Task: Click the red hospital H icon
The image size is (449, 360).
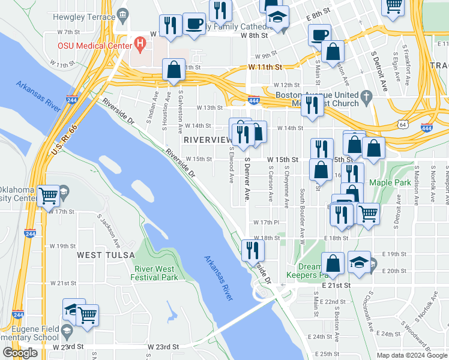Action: pos(140,44)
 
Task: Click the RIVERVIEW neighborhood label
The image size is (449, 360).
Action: pos(208,139)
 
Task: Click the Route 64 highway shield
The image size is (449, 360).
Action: pos(402,124)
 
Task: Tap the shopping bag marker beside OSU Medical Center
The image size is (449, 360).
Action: pos(173,70)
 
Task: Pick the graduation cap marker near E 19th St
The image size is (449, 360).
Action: pos(359,262)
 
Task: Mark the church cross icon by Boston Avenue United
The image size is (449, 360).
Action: pos(366,95)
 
